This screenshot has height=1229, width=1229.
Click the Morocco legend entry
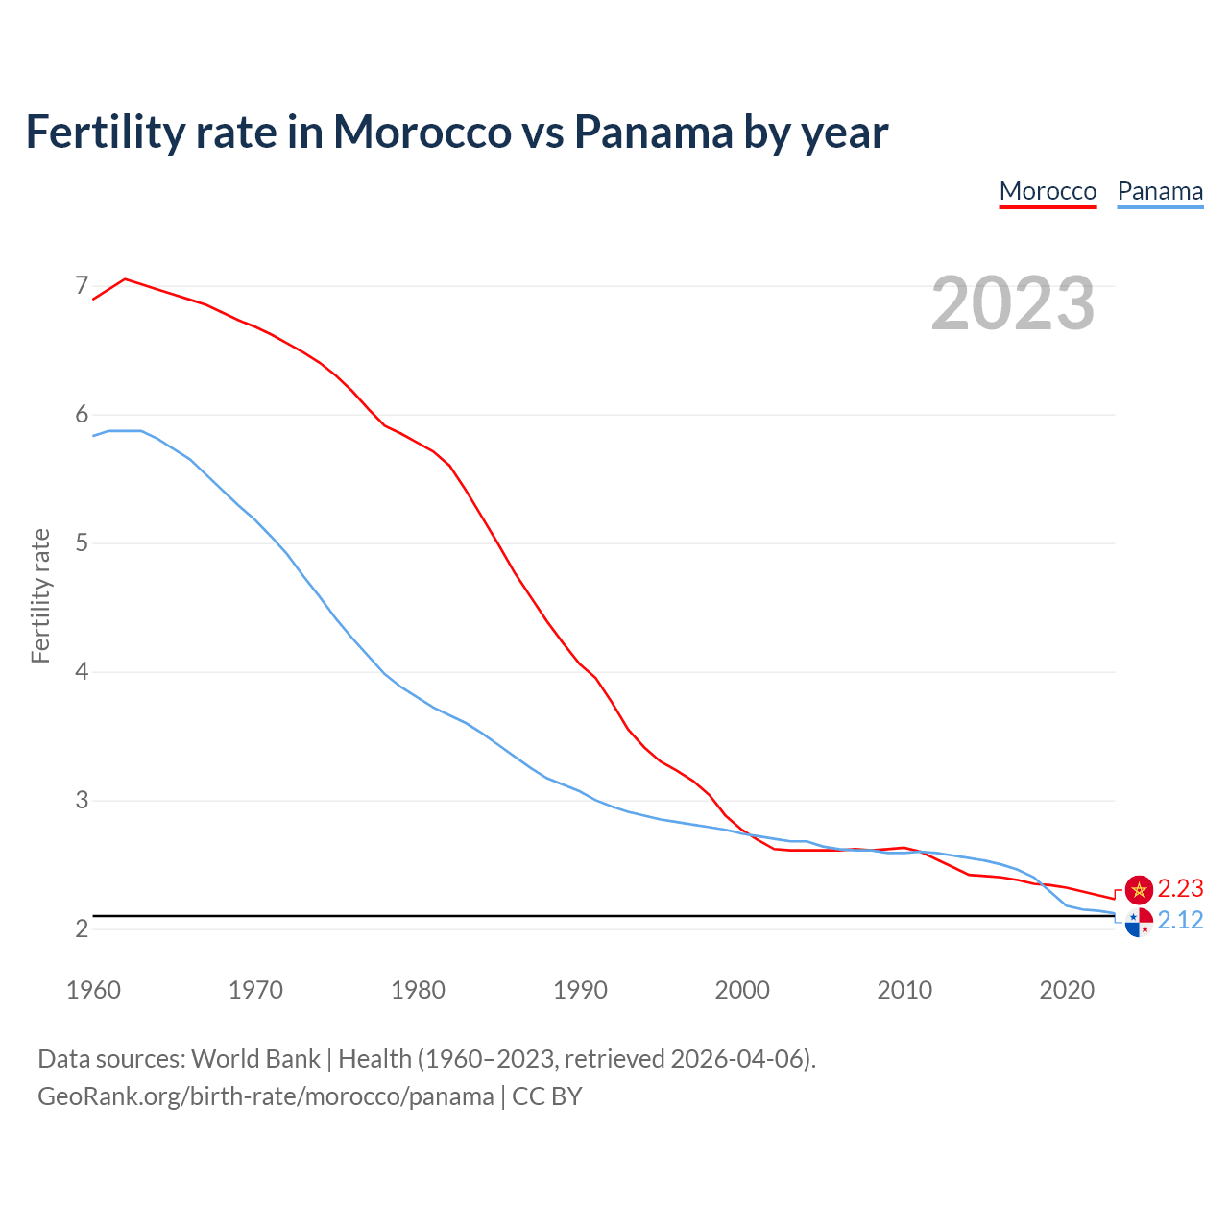point(1048,191)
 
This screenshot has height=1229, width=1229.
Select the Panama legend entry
point(1160,191)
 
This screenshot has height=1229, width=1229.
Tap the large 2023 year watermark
point(1013,303)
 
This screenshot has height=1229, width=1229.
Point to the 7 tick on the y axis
point(82,285)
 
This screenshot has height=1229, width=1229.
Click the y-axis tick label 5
point(82,542)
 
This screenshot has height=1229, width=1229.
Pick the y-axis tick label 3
point(82,800)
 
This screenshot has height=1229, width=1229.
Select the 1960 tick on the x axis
point(93,990)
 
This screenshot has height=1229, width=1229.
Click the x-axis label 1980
point(418,990)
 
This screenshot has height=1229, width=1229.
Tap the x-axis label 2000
point(742,990)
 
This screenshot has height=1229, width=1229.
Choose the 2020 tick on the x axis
point(1067,990)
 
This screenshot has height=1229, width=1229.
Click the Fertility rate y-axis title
point(40,595)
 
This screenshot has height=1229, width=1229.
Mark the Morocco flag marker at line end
point(1139,890)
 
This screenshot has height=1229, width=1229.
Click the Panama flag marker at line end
point(1139,922)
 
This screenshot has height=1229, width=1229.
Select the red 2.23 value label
point(1180,889)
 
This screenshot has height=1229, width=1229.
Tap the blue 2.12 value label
point(1180,921)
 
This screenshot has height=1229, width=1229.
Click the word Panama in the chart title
point(652,133)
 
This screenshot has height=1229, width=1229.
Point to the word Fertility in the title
point(103,133)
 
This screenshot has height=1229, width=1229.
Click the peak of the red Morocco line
point(125,279)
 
